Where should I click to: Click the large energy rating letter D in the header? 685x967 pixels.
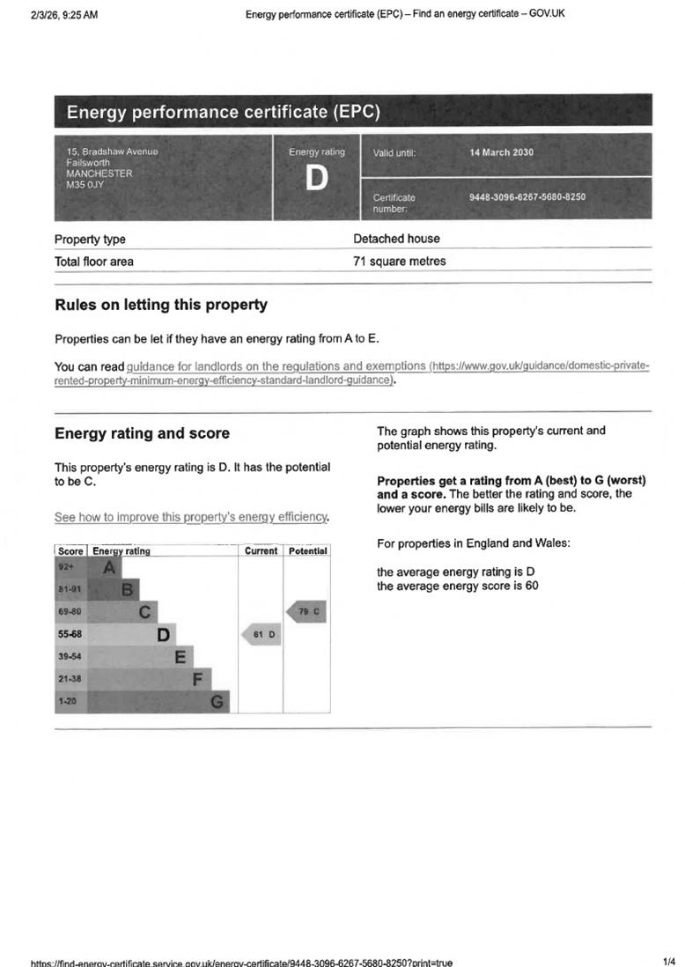coord(316,180)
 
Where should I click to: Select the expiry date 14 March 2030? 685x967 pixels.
coord(501,152)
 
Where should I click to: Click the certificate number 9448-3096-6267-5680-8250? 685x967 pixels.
coord(527,197)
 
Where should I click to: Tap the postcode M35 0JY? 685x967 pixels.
coord(85,185)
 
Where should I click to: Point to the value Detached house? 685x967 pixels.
coord(396,239)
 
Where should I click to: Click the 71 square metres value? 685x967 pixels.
coord(399,262)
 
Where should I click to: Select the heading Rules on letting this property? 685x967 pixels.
coord(161,305)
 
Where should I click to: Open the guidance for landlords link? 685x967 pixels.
coord(276,365)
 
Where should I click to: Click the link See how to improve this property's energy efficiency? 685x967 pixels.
coord(192,517)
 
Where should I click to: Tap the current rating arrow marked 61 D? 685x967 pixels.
coord(261,634)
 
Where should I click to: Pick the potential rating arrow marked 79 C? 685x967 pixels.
coord(307,611)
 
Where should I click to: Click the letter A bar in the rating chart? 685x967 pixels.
coord(107,568)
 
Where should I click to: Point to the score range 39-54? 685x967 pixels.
coord(70,657)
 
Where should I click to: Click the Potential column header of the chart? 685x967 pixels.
coord(307,551)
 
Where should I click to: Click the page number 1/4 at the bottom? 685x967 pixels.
coord(668,961)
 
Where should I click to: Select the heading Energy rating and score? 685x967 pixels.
coord(142,433)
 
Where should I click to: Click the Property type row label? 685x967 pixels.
coord(90,240)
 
